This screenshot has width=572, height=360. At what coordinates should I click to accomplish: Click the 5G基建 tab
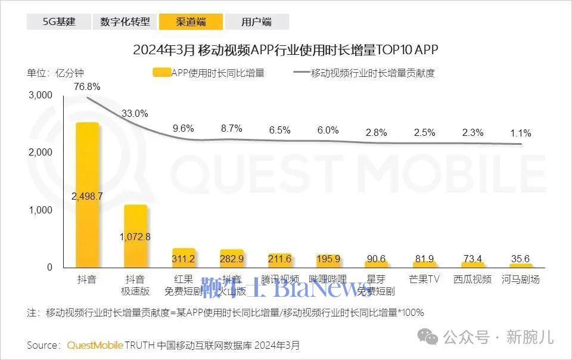[x=58, y=22]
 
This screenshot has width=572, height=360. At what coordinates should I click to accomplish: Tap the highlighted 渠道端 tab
[x=191, y=22]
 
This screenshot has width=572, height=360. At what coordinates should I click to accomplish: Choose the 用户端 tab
[x=257, y=22]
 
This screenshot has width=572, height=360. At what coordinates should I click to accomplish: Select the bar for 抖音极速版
[x=135, y=236]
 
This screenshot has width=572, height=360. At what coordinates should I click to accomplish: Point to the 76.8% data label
[x=87, y=86]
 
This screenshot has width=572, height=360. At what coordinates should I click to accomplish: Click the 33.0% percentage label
[x=135, y=113]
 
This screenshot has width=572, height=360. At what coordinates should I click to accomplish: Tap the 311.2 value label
[x=184, y=259]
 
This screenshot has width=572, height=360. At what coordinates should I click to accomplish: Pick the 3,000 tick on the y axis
[x=41, y=95]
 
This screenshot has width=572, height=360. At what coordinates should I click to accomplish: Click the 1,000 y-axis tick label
[x=41, y=210]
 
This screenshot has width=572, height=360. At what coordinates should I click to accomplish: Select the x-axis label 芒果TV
[x=424, y=279]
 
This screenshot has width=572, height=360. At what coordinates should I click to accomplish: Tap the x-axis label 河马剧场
[x=520, y=279]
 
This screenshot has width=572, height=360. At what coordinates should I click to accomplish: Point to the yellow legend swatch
[x=161, y=73]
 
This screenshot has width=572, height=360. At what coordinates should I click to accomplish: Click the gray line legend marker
[x=301, y=73]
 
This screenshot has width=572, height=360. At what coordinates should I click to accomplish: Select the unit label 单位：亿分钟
[x=55, y=73]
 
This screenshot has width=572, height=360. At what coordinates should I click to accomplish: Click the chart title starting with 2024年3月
[x=285, y=49]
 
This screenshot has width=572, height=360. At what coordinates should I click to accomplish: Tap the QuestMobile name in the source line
[x=95, y=345]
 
